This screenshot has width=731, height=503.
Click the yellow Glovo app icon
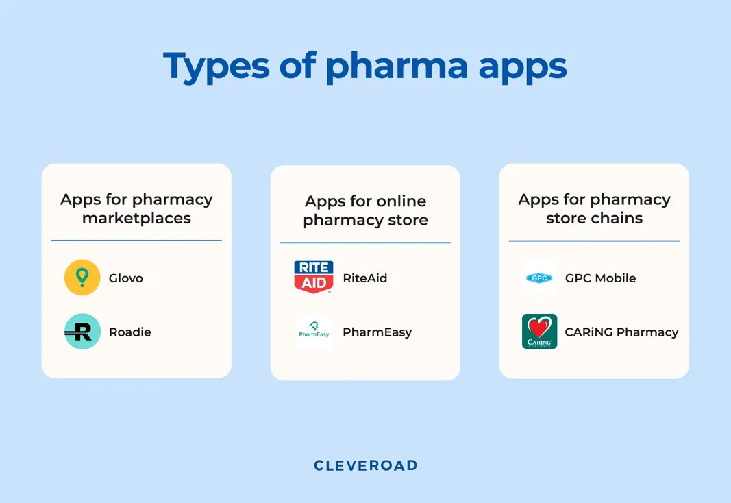click(82, 278)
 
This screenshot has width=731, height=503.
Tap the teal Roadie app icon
click(82, 332)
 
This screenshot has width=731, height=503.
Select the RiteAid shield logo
click(313, 277)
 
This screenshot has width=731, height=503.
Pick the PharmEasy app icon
click(314, 332)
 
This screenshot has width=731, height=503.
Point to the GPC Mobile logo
click(539, 278)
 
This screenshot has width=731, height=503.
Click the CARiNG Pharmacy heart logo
click(539, 332)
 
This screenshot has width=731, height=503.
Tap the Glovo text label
click(126, 278)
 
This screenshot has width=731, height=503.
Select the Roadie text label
click(130, 332)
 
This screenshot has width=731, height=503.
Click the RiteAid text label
click(365, 278)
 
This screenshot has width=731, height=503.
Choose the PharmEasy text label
click(377, 332)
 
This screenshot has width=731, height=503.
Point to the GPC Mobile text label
click(600, 278)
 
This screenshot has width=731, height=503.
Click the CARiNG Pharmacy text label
click(621, 332)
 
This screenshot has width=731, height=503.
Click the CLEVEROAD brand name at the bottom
click(365, 465)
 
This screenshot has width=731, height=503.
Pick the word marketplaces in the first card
click(136, 219)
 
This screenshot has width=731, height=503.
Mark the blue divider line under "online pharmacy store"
click(365, 243)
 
